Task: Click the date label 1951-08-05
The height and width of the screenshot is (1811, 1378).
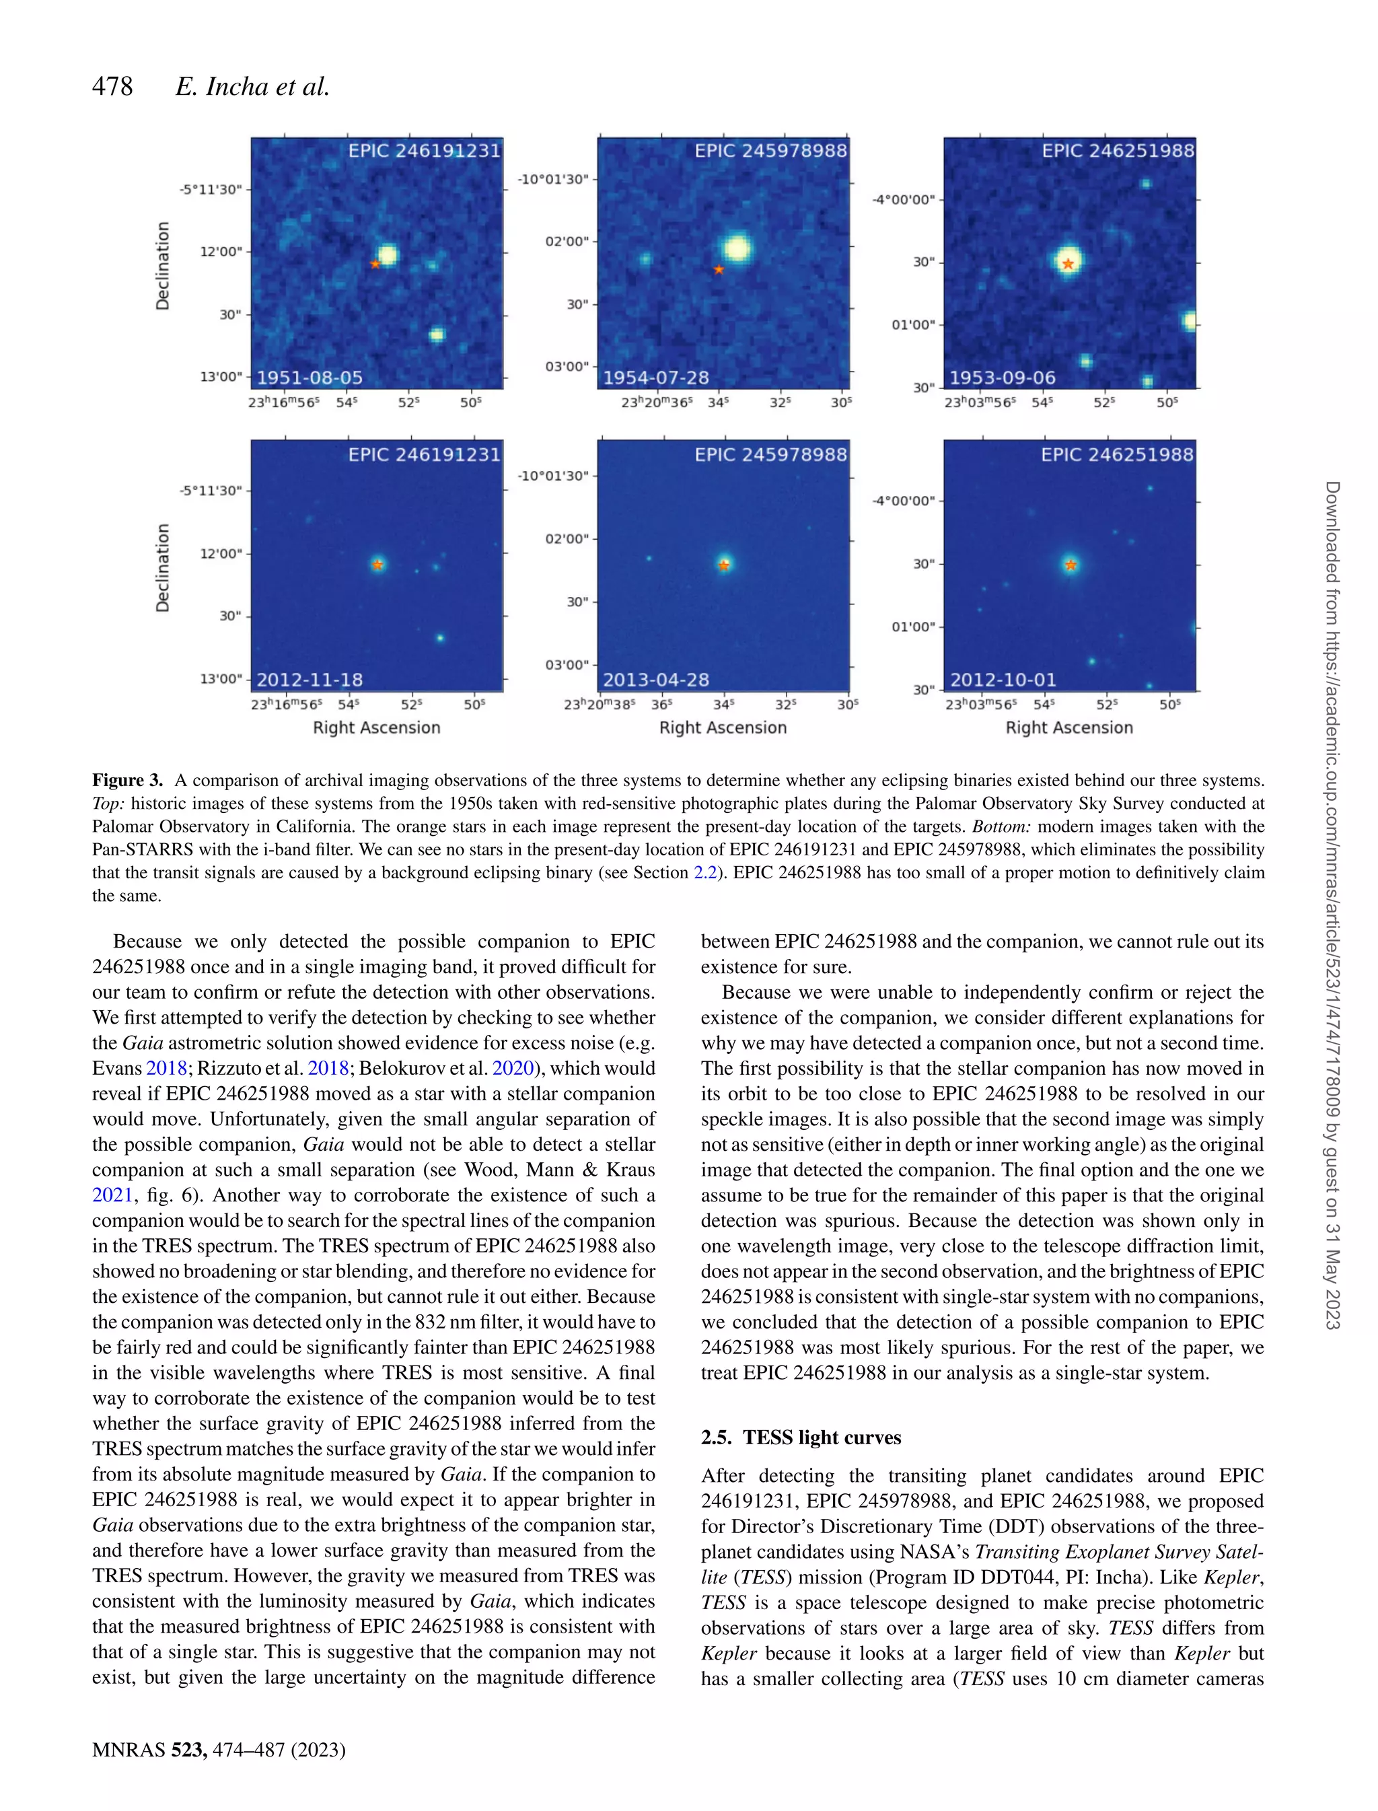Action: pos(310,378)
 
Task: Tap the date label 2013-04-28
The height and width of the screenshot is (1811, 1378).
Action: pos(656,679)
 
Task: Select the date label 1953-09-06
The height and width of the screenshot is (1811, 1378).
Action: pos(1003,378)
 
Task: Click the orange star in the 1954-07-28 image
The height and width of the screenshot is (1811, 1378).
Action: pos(719,269)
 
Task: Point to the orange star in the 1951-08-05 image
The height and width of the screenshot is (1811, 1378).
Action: pos(375,264)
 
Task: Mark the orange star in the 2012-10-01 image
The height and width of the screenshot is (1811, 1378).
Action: pos(1071,565)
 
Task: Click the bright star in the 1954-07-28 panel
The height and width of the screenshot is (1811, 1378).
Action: pos(737,248)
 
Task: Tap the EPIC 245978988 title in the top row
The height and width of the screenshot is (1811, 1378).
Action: pos(770,151)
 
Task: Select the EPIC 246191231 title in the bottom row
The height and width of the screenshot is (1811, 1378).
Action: pos(424,454)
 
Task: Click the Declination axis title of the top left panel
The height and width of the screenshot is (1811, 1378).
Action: pos(164,265)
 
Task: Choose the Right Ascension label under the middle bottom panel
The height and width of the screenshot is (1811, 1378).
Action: pos(723,727)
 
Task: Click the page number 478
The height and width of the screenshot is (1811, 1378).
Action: pos(112,86)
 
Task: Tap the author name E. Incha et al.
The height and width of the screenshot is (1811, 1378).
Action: pos(252,86)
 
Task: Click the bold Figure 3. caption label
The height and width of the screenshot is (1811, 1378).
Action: pos(127,780)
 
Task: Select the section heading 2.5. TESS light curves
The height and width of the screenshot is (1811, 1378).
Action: pos(801,1437)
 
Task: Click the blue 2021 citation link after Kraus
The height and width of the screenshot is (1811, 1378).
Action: pos(112,1195)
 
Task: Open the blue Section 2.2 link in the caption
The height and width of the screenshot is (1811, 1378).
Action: pos(705,872)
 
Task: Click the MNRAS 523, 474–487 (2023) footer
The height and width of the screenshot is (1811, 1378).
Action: pos(218,1750)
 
